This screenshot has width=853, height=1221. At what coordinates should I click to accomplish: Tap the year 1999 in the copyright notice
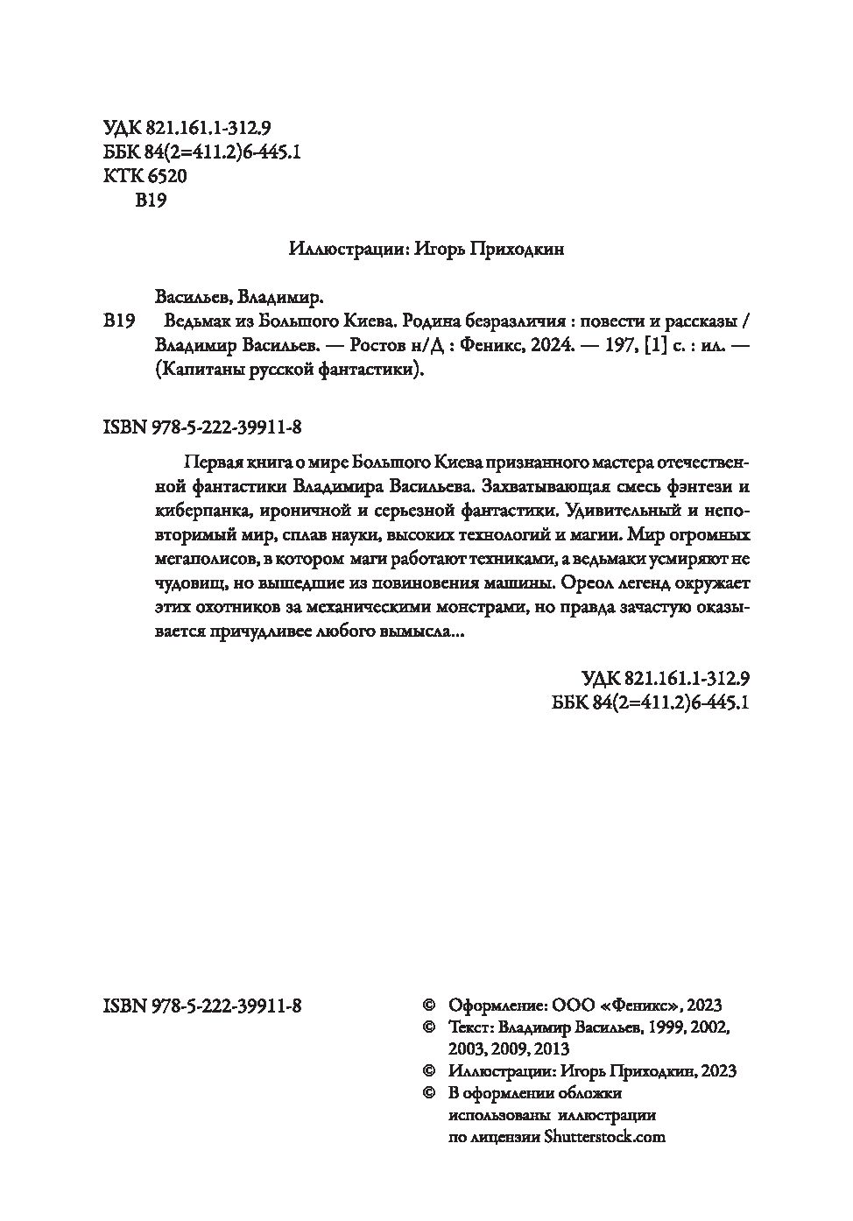[x=667, y=1027]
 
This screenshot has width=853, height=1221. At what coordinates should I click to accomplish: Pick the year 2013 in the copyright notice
[x=551, y=1048]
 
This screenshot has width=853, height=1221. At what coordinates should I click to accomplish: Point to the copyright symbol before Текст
[x=428, y=1027]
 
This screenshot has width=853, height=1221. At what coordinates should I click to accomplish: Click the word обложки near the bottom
[x=589, y=1092]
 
